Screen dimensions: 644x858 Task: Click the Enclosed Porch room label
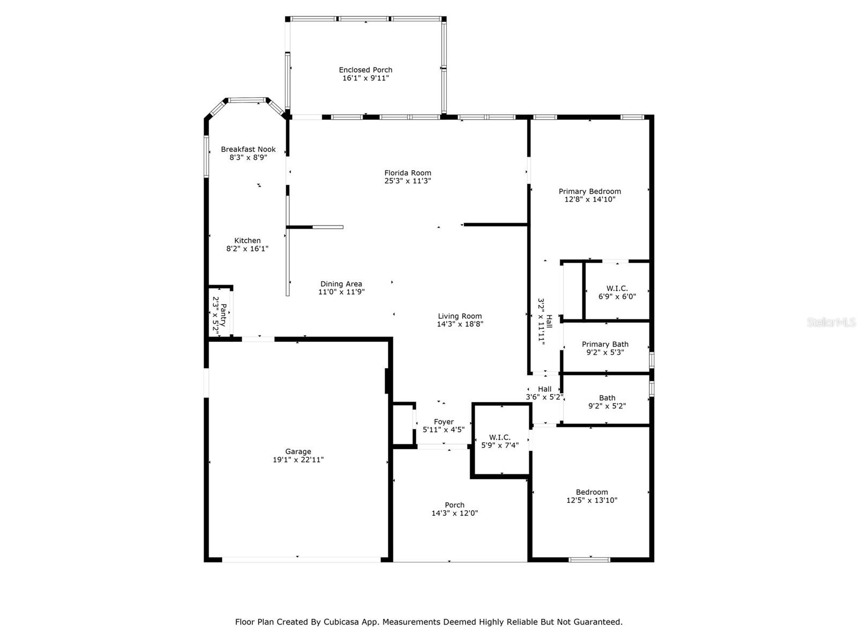point(365,70)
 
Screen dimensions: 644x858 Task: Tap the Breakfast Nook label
point(248,149)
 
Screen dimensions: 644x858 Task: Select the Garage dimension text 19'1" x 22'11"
point(298,460)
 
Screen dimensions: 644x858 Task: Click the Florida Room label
point(408,173)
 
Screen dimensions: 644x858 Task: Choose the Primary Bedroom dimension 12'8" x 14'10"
point(590,200)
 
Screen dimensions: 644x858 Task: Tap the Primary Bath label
point(605,345)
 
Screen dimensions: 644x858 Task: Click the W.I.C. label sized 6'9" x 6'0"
point(617,288)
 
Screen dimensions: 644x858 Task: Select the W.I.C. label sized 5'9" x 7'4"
point(500,437)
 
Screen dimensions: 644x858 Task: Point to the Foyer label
point(443,422)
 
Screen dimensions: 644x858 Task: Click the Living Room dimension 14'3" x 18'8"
point(460,324)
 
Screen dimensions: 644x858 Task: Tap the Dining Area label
point(341,284)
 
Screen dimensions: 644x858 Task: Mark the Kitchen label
point(247,240)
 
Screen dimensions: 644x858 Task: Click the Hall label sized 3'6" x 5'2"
point(544,389)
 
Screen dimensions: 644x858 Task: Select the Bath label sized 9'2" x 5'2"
point(607,398)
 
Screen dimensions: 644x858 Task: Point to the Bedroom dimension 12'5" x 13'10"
point(592,501)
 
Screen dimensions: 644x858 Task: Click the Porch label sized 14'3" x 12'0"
point(454,505)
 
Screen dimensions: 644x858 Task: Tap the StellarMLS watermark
point(831,323)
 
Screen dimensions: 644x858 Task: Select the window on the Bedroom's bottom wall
point(589,560)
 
